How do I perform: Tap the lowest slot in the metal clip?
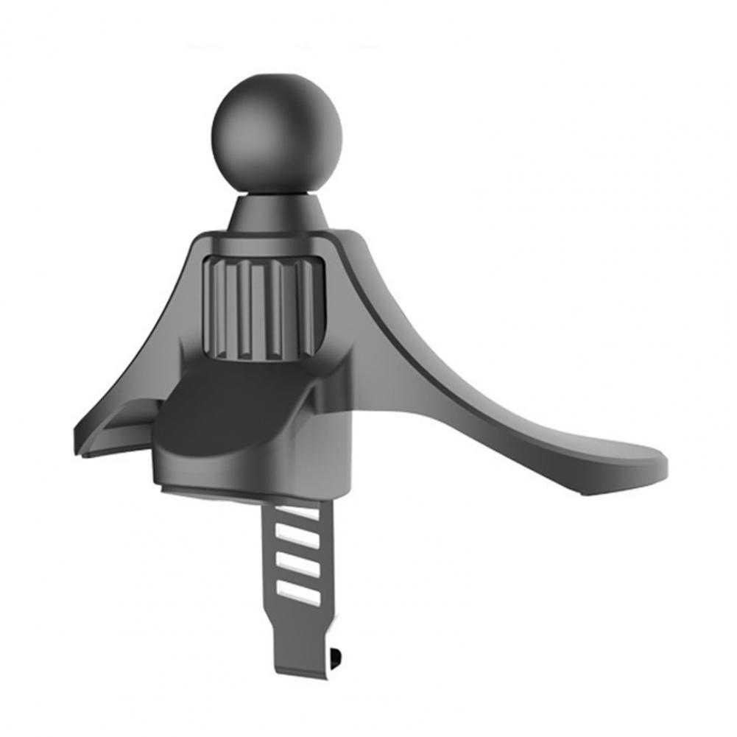(x=303, y=589)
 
